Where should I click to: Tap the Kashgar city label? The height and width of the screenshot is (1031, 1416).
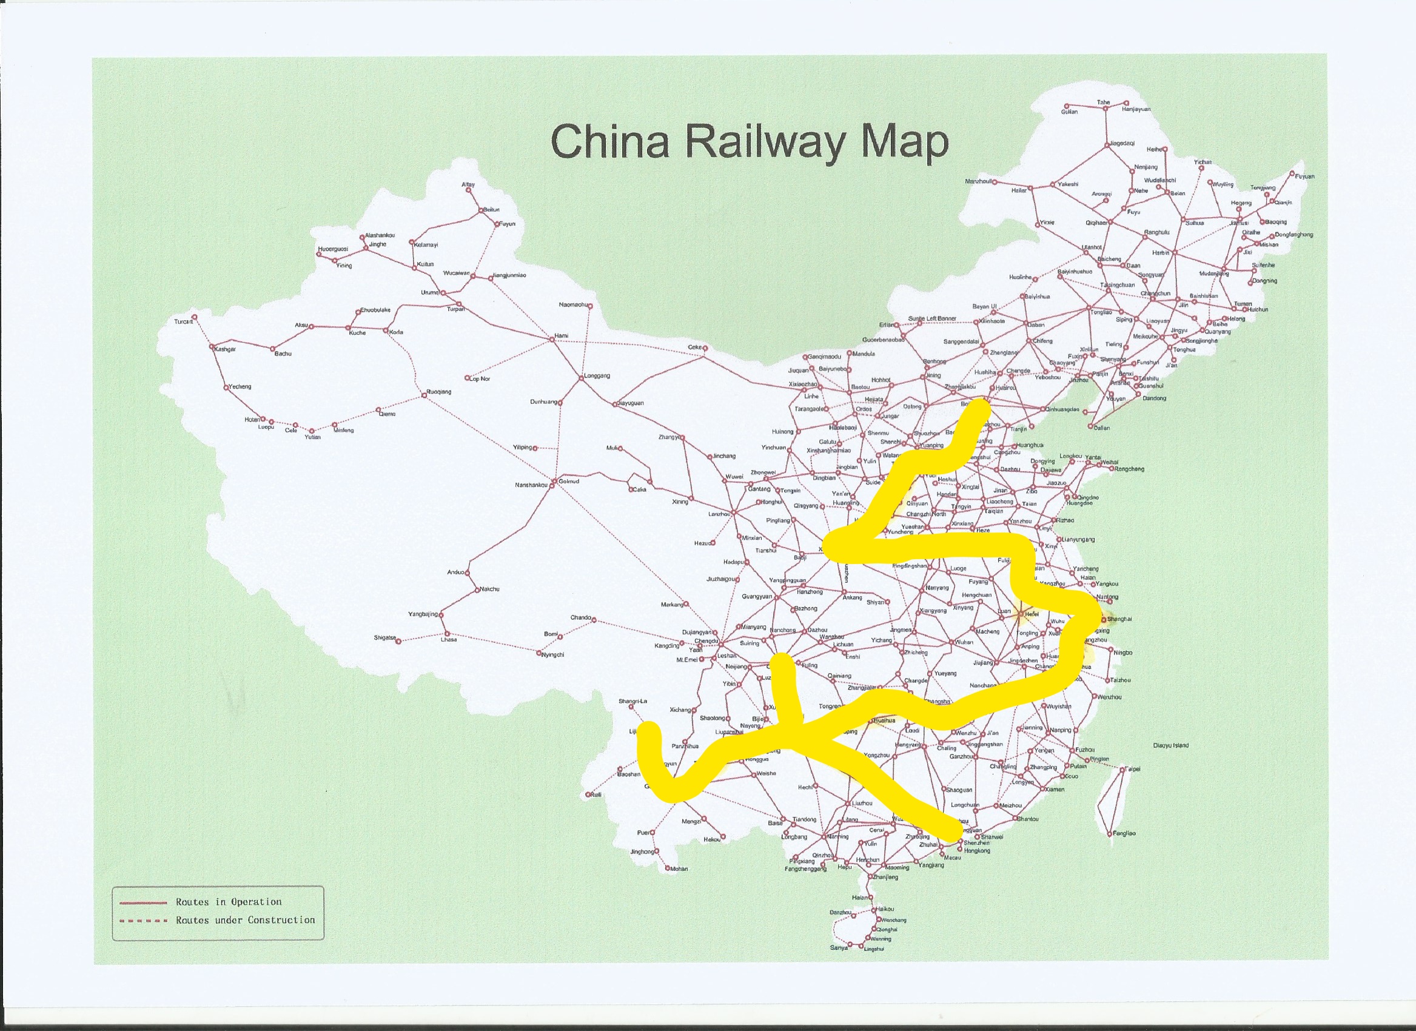(x=226, y=349)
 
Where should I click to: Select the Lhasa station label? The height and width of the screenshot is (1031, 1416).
(x=449, y=639)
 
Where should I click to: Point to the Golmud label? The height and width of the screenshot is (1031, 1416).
(x=569, y=482)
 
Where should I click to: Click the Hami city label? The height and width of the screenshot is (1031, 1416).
(x=562, y=336)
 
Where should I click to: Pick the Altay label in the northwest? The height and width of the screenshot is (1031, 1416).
(x=468, y=185)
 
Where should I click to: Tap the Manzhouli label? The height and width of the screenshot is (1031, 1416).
(x=978, y=182)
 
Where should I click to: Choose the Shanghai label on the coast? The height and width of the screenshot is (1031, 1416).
(x=1119, y=619)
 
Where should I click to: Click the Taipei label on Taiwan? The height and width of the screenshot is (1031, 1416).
(x=1133, y=770)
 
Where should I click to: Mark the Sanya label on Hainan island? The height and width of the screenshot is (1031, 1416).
(x=839, y=947)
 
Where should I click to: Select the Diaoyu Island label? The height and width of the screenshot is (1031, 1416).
(x=1170, y=745)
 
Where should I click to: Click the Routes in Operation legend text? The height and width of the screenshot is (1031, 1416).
(x=229, y=902)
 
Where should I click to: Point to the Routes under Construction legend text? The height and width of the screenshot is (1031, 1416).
(x=246, y=920)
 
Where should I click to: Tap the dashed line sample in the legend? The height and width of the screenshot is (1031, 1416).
(x=143, y=921)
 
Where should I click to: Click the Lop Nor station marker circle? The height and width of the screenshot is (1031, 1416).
(x=467, y=378)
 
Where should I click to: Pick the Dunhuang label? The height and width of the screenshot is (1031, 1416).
(x=543, y=401)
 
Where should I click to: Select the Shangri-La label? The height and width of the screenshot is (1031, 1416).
(x=633, y=701)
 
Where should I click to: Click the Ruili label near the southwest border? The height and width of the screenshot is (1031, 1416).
(x=596, y=795)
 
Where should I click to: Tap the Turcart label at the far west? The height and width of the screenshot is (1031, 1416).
(x=183, y=321)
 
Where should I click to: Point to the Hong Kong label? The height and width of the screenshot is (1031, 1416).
(x=977, y=850)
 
